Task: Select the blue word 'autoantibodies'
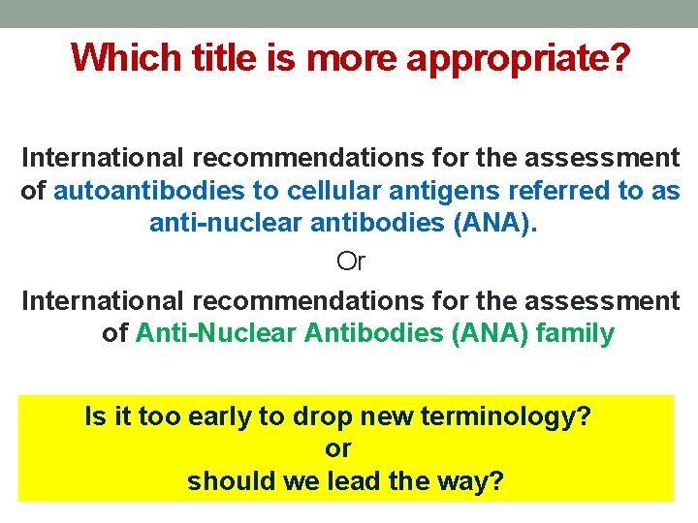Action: (148, 191)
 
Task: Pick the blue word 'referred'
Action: (544, 191)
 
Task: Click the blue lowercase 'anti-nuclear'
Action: (225, 225)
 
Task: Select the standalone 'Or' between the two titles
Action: (350, 261)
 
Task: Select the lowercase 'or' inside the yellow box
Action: (337, 449)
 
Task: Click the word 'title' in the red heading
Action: (217, 58)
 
